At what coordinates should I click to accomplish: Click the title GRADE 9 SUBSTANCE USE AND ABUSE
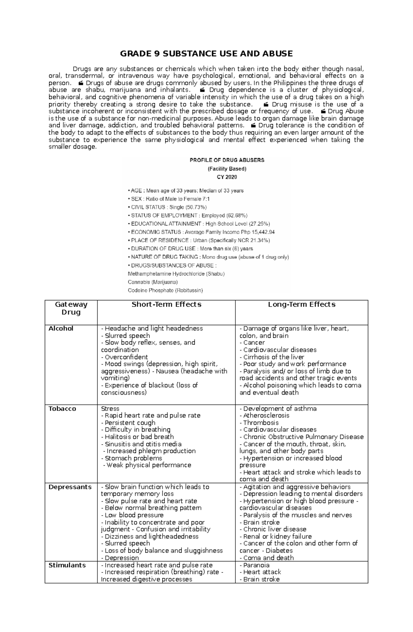(x=206, y=53)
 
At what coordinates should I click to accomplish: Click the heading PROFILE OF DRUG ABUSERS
(x=227, y=160)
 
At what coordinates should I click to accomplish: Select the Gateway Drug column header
(x=71, y=308)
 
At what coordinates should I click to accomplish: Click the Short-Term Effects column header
(x=166, y=304)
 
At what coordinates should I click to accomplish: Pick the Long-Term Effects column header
(x=301, y=304)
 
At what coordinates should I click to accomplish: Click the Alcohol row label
(x=61, y=329)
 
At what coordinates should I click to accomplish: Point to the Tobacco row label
(x=62, y=409)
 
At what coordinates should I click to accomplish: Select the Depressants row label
(x=70, y=487)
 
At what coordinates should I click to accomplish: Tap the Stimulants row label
(x=67, y=565)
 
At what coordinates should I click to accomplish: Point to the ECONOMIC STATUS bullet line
(x=201, y=232)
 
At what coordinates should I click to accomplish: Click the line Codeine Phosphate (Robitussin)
(x=165, y=290)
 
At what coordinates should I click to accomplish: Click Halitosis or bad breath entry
(x=137, y=437)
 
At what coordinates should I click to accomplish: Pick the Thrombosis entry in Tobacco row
(x=259, y=423)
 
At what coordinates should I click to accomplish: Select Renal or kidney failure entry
(x=276, y=536)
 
